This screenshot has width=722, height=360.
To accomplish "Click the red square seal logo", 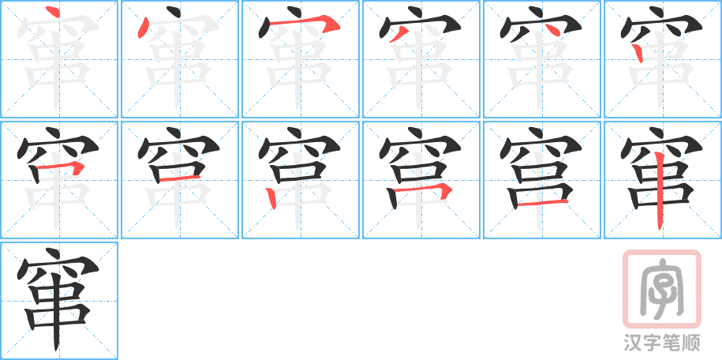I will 660,288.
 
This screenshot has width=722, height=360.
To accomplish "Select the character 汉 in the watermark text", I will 632,343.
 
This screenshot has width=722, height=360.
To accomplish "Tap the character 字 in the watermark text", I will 652,343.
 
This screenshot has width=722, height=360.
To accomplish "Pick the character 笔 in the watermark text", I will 671,343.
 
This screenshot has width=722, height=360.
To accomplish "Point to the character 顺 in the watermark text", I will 691,343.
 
